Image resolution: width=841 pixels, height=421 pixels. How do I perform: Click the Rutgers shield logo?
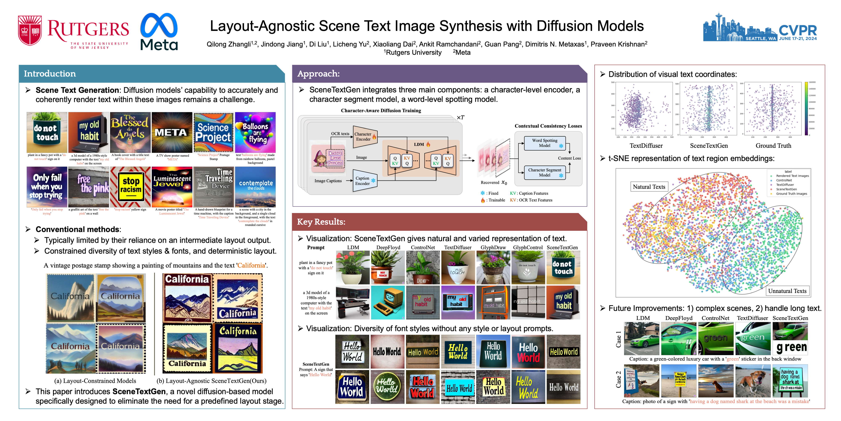pyautogui.click(x=30, y=30)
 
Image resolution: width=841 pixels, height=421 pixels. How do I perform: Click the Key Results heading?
pyautogui.click(x=321, y=222)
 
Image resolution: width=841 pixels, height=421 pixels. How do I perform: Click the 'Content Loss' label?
pyautogui.click(x=569, y=158)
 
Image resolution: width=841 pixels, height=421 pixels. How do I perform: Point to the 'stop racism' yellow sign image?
pyautogui.click(x=130, y=187)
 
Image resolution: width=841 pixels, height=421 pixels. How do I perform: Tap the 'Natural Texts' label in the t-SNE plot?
pyautogui.click(x=649, y=187)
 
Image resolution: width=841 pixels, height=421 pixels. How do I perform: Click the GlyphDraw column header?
pyautogui.click(x=493, y=247)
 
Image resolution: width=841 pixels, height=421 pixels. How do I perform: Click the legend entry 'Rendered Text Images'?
pyautogui.click(x=792, y=176)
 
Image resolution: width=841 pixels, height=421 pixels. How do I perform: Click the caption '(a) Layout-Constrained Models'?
pyautogui.click(x=95, y=381)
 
